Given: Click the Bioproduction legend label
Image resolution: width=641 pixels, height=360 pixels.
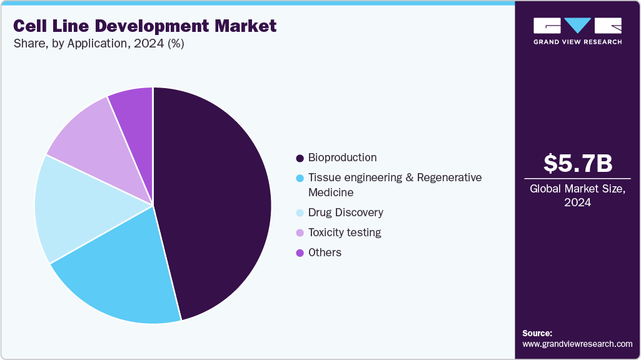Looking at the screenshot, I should coord(342,157).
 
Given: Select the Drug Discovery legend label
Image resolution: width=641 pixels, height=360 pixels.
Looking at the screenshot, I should coord(345,212).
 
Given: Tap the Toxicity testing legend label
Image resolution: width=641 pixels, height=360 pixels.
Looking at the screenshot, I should coord(344,232).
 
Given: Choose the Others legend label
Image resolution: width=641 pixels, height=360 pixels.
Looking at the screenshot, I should coord(325,252).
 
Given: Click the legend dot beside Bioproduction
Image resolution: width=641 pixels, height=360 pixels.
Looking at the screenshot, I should coord(300,158).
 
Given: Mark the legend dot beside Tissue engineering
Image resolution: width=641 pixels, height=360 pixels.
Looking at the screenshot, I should coord(300,178).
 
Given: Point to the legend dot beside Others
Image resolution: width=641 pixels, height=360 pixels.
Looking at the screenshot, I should coord(300,253).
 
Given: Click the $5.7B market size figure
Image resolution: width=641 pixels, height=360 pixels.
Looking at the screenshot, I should coord(577,164).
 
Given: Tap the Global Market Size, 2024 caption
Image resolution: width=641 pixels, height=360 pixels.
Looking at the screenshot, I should coord(577,195).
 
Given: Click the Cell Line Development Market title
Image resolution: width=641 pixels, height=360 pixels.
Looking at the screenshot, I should coord(144,26).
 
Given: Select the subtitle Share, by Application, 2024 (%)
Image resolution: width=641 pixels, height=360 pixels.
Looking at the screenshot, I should coord(98,44).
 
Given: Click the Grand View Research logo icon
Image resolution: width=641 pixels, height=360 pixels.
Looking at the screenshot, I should coord(577,26).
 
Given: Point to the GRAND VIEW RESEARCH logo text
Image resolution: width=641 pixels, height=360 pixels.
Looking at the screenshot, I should coord(577,42).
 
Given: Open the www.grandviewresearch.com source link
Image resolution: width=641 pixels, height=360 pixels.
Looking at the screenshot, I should coord(577,344).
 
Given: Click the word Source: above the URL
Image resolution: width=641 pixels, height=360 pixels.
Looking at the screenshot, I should coord(537,333).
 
